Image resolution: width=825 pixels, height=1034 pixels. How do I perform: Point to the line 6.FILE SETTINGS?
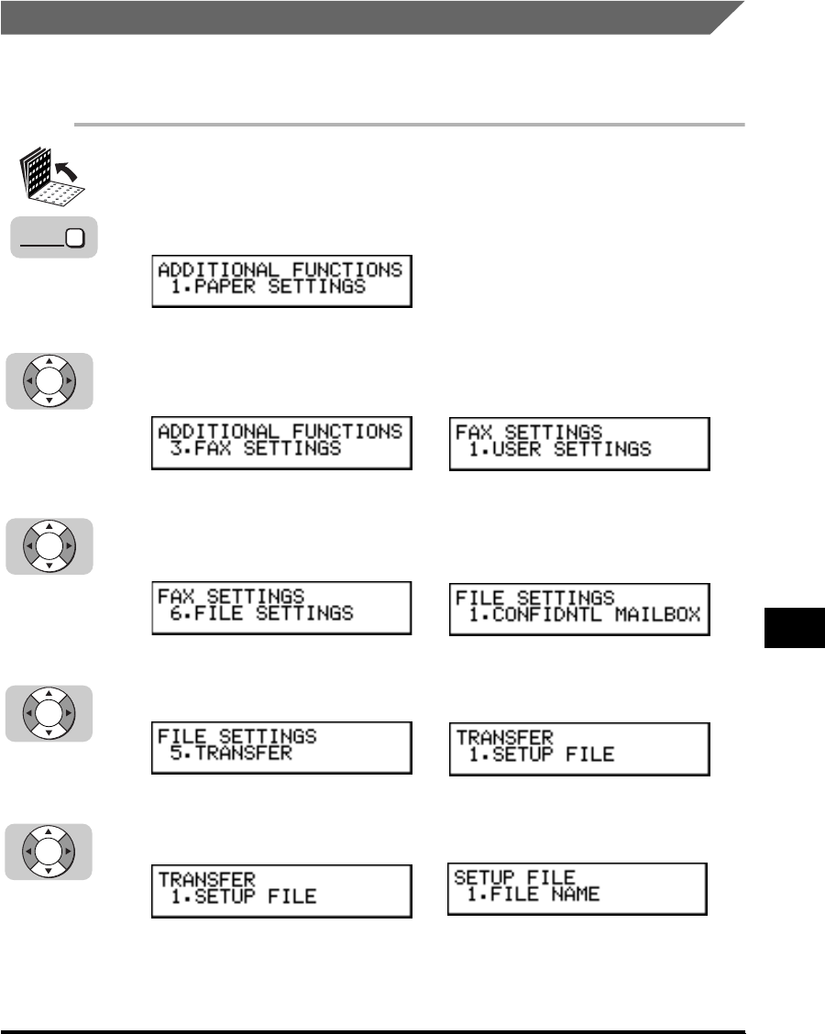pos(261,613)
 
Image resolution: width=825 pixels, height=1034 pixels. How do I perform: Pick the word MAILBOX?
pos(660,614)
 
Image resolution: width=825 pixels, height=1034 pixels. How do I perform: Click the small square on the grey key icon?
pos(74,238)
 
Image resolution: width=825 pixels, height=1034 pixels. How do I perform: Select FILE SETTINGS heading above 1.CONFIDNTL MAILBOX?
pos(535,597)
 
